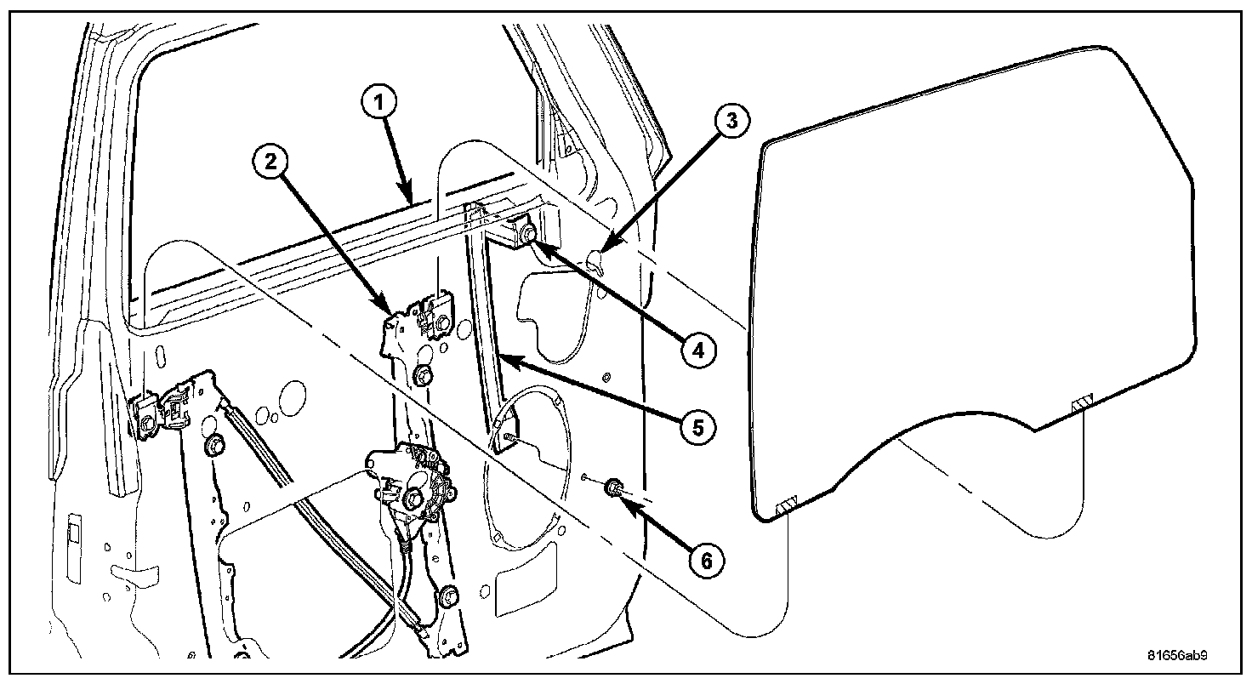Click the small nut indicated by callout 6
pyautogui.click(x=612, y=488)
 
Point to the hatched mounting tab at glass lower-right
pyautogui.click(x=1082, y=400)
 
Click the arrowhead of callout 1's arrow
pyautogui.click(x=411, y=201)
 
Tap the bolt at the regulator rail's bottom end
pyautogui.click(x=448, y=596)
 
